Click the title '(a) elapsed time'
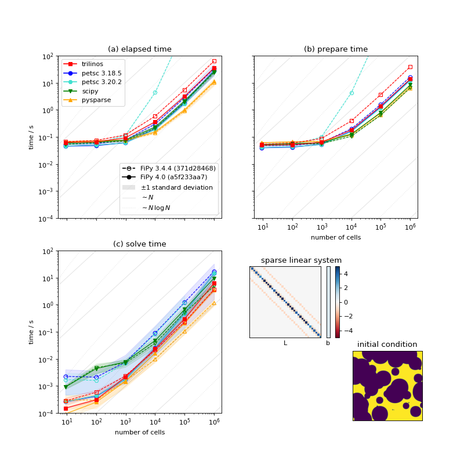click(x=139, y=49)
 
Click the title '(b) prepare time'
click(x=335, y=49)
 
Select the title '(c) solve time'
click(x=139, y=244)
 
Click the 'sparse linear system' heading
click(x=301, y=260)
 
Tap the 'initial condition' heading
click(x=387, y=345)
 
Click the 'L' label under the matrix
click(x=285, y=343)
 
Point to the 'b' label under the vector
click(x=328, y=343)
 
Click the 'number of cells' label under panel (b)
click(x=335, y=237)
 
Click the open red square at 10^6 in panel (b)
click(x=410, y=67)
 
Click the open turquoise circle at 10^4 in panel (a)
click(x=155, y=92)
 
